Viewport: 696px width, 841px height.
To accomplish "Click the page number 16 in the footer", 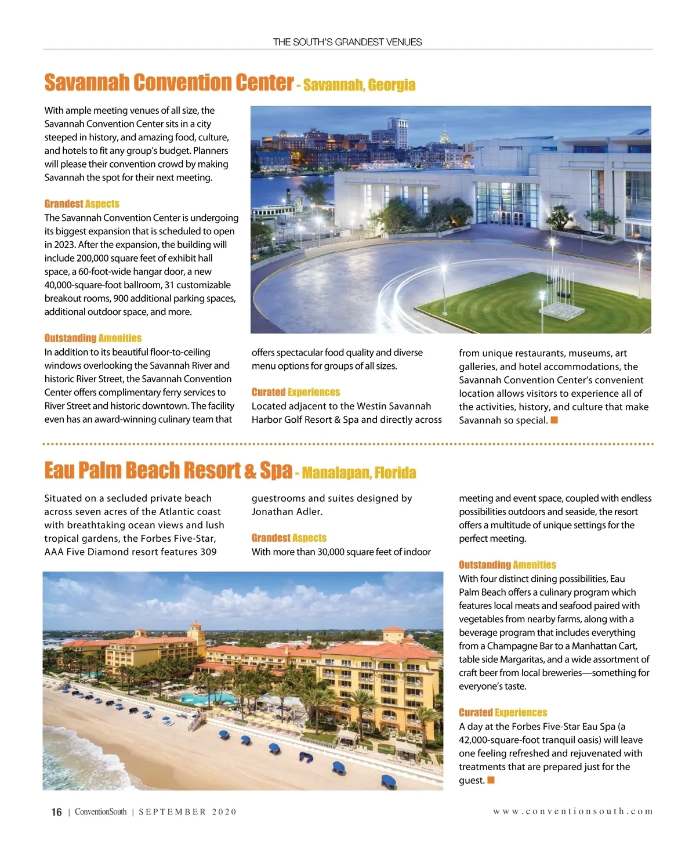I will (56, 812).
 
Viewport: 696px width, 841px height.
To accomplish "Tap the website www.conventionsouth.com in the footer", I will (573, 811).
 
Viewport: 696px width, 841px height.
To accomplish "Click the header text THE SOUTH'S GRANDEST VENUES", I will (347, 42).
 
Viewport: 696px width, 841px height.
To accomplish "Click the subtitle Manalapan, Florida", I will (359, 473).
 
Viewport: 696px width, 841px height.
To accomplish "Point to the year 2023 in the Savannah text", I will (56, 245).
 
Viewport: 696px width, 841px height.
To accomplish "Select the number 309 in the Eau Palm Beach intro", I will (208, 552).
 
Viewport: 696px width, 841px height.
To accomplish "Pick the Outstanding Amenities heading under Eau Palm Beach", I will (507, 565).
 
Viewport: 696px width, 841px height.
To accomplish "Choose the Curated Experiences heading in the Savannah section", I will (296, 392).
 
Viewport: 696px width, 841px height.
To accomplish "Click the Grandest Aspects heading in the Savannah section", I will (82, 204).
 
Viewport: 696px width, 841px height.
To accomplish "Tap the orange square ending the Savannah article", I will (554, 420).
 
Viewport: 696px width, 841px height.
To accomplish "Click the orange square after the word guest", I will (491, 780).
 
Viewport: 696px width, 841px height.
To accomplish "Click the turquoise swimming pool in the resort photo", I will (203, 698).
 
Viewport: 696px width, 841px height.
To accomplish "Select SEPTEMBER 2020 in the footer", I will (187, 812).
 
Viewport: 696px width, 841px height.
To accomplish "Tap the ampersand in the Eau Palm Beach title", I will (251, 471).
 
